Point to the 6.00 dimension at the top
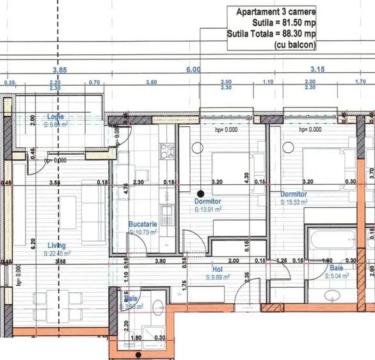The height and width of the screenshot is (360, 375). (x=193, y=69)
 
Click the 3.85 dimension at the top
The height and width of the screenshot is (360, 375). (x=60, y=69)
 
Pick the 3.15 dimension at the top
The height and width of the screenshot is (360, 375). (x=318, y=69)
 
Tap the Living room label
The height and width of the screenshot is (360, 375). (x=57, y=244)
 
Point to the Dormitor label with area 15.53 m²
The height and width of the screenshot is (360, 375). (x=293, y=194)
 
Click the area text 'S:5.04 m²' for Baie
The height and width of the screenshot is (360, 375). (x=337, y=276)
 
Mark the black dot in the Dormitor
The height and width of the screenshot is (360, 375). (x=200, y=193)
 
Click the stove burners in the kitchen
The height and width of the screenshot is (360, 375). (x=168, y=152)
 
